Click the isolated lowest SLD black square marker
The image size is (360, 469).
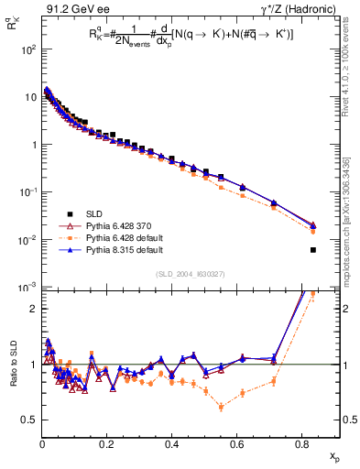313,250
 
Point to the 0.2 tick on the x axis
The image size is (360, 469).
107,454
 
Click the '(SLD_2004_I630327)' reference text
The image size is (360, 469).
175,274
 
